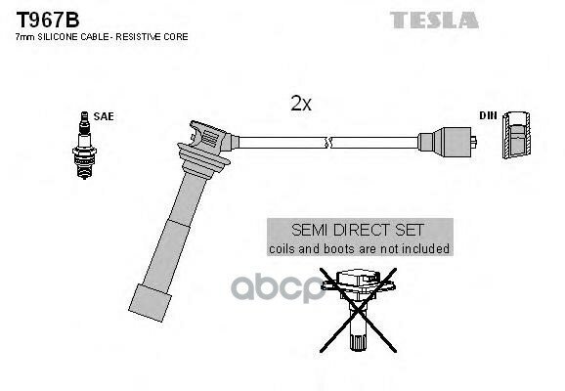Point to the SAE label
click(105, 116)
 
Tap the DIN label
click(486, 116)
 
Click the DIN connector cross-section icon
click(518, 138)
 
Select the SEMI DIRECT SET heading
click(358, 230)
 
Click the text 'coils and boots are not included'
click(359, 249)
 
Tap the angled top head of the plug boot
click(207, 136)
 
